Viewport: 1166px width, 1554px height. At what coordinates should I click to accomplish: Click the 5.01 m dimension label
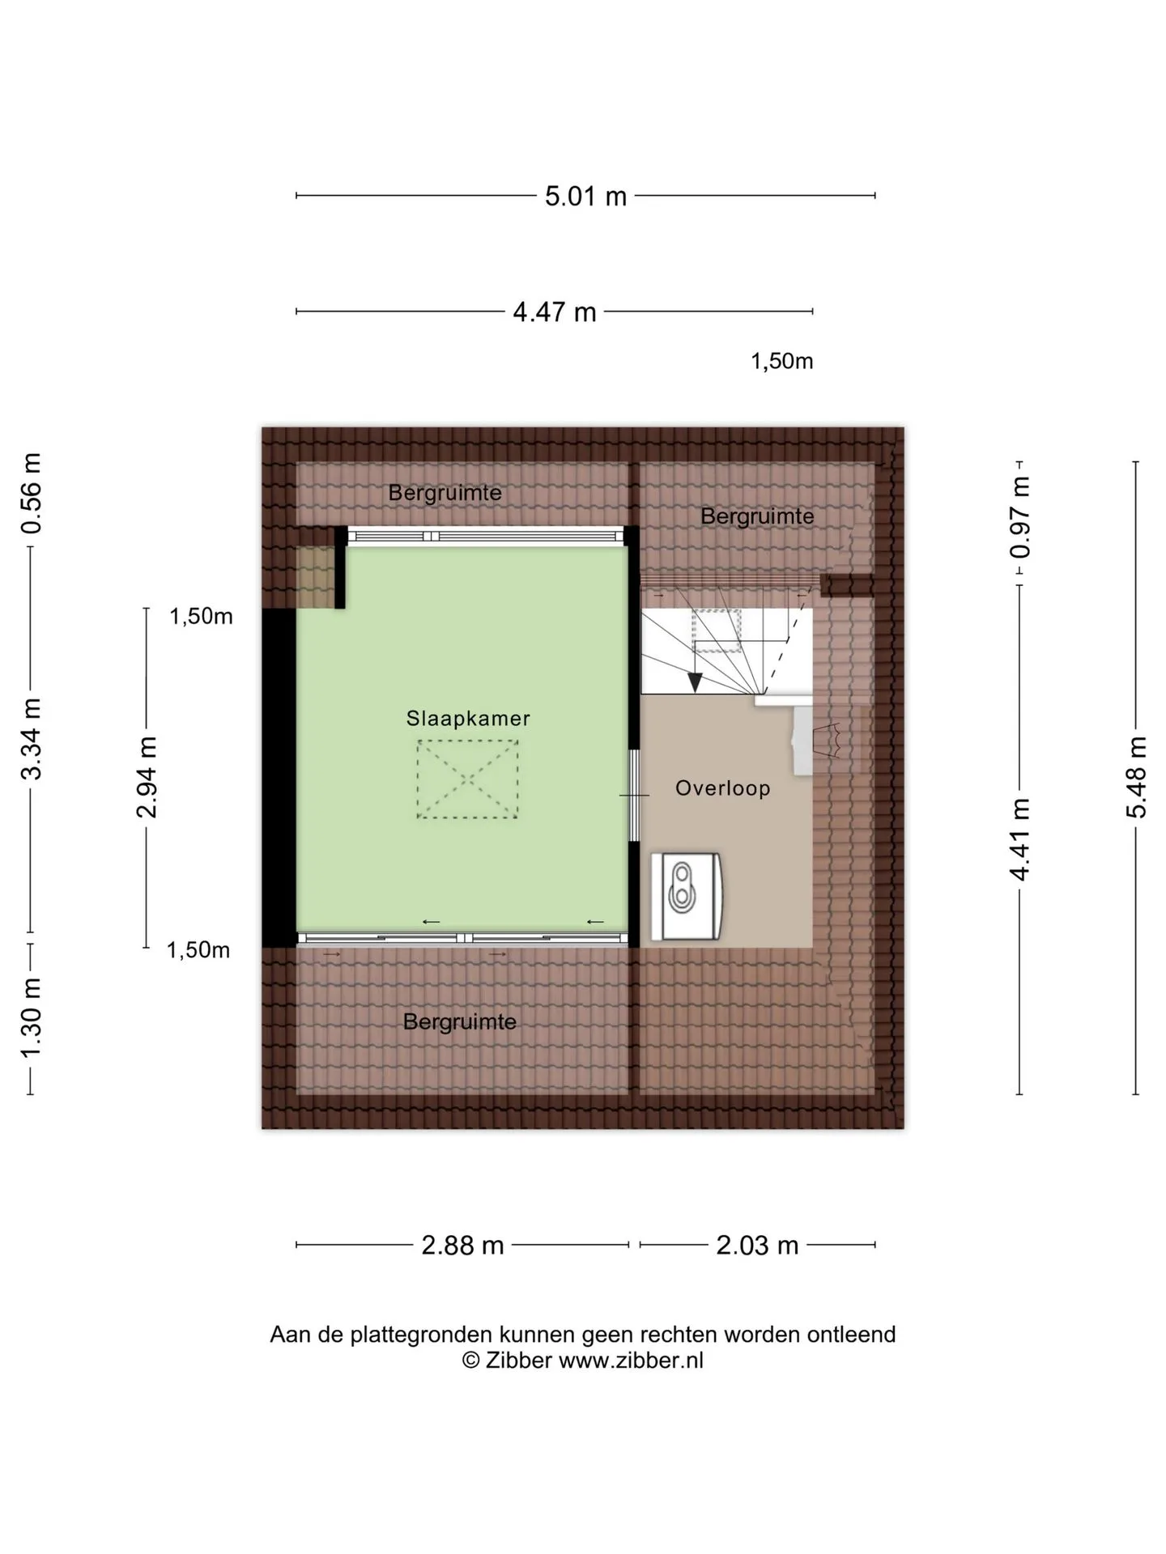tap(585, 196)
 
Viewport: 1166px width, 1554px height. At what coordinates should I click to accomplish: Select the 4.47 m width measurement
tap(555, 312)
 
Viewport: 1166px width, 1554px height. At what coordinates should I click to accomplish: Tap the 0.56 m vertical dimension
tap(31, 493)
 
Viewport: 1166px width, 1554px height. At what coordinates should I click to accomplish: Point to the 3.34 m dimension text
tap(31, 738)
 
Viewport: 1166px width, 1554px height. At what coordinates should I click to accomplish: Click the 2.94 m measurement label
tap(147, 777)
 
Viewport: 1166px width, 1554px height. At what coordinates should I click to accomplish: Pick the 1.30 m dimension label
tap(31, 1017)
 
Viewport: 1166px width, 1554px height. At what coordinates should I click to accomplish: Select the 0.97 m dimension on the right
tap(1020, 517)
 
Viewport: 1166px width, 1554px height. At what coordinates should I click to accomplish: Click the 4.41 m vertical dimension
tap(1020, 839)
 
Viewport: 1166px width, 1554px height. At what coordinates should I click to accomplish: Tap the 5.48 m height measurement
tap(1136, 777)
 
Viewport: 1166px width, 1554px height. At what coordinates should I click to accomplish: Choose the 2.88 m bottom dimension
tap(462, 1245)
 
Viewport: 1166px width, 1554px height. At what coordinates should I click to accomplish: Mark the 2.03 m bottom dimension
tap(757, 1245)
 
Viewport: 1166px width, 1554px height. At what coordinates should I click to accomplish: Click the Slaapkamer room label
tap(468, 718)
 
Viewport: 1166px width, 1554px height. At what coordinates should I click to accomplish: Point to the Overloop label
tap(722, 788)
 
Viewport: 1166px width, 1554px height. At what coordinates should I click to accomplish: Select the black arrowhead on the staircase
tap(695, 683)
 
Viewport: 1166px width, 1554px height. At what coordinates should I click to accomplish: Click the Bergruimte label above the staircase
tap(757, 516)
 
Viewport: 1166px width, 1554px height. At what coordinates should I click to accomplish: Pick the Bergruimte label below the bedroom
tap(459, 1021)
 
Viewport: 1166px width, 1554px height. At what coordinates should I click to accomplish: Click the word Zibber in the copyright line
tap(518, 1361)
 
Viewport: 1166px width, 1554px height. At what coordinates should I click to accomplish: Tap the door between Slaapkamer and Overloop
tap(635, 796)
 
